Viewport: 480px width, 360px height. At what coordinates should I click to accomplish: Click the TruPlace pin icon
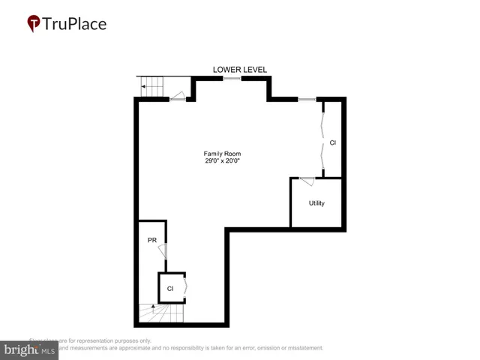click(x=34, y=24)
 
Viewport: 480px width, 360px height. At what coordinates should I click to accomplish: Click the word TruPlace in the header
click(x=74, y=24)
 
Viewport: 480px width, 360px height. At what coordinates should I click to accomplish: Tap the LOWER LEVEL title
click(x=240, y=70)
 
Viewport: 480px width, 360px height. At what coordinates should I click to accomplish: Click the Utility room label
click(x=316, y=203)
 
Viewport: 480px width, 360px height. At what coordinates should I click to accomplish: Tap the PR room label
click(x=151, y=240)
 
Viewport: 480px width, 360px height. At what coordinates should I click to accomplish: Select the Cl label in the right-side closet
click(x=333, y=142)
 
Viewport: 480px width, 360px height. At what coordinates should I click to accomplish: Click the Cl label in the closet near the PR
click(x=170, y=288)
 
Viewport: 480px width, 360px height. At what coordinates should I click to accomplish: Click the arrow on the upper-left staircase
click(x=143, y=88)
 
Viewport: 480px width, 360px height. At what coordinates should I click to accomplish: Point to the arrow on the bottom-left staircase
click(x=152, y=307)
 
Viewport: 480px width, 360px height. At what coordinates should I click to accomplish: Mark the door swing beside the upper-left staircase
click(x=177, y=95)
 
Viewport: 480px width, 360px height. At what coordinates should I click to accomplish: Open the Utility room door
click(x=306, y=181)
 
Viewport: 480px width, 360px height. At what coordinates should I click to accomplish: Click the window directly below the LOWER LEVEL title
click(x=232, y=78)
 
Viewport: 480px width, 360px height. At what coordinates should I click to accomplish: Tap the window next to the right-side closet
click(x=307, y=98)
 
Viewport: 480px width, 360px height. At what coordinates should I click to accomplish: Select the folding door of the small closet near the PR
click(x=184, y=287)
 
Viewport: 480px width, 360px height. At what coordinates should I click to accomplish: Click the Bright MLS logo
click(x=30, y=349)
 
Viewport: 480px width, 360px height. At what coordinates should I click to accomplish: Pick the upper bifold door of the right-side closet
click(x=322, y=118)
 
